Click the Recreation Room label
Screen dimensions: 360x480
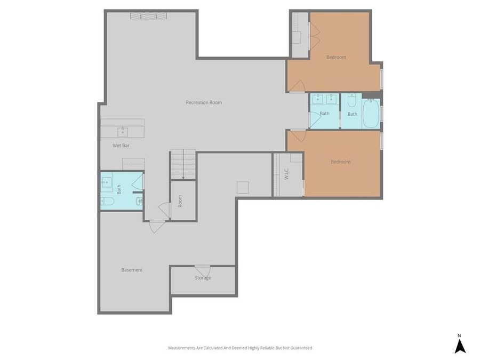[204, 102]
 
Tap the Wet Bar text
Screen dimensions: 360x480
[121, 145]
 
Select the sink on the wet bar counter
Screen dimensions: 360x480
[123, 131]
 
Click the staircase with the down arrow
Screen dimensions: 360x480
[182, 164]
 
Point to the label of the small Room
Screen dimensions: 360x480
[180, 201]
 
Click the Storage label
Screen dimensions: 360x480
[203, 278]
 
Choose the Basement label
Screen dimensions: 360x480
[132, 270]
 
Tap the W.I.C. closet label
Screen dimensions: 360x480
[286, 174]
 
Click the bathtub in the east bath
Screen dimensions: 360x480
[371, 113]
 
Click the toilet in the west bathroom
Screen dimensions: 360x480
[107, 201]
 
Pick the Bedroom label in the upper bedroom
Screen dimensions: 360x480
[336, 57]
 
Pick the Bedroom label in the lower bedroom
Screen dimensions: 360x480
[340, 162]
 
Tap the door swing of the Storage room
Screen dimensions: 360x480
[202, 270]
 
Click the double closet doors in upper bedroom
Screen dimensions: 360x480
[314, 36]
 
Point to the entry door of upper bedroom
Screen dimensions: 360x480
[297, 86]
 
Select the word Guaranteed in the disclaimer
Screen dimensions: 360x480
[301, 348]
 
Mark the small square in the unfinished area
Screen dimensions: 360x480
[243, 187]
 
